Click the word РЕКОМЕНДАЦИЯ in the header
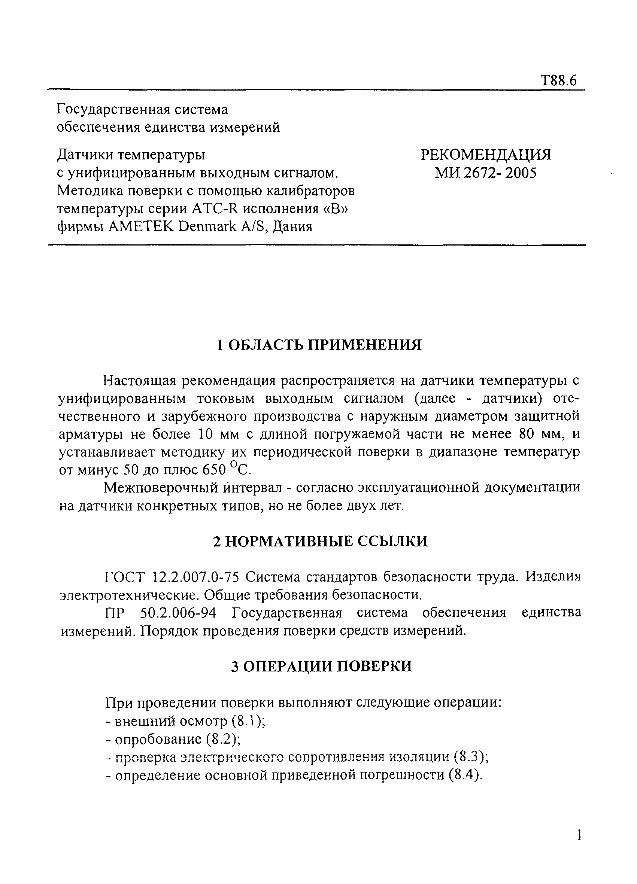pos(486,155)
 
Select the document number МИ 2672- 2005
pos(486,173)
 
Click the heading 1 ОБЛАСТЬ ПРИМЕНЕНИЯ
pos(319,345)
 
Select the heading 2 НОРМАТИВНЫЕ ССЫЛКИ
pos(320,542)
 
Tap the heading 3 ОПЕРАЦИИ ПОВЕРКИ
pos(321,666)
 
